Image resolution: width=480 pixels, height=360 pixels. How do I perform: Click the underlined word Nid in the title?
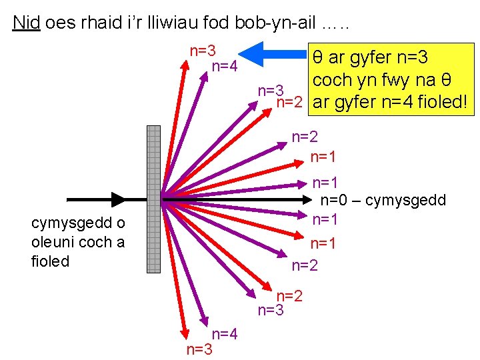[27, 23]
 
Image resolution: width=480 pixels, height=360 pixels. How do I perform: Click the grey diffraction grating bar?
[153, 199]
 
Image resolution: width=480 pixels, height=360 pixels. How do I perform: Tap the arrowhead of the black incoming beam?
[118, 199]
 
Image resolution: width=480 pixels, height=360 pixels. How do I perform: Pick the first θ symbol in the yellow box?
[319, 57]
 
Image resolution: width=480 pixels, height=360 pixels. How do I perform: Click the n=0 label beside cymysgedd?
[335, 201]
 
